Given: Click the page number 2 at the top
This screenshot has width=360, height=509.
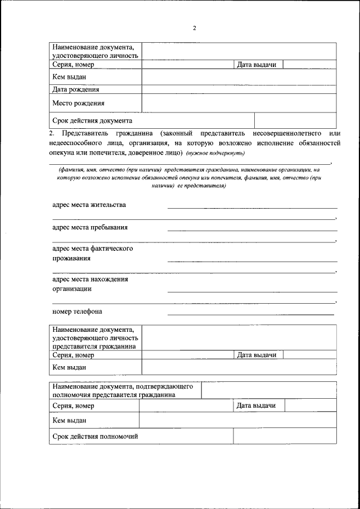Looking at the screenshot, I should pos(194,28).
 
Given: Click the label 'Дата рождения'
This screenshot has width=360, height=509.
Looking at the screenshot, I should pos(76,89).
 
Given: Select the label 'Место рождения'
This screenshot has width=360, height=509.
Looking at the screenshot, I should pos(78,103).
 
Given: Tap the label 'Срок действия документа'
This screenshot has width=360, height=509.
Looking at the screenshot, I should pos(92,120).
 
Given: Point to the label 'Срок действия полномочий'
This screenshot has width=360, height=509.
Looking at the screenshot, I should pos(95,436).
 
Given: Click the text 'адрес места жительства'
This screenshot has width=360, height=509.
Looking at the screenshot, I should pos(89,205).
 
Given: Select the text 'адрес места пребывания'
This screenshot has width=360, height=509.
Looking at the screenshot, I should pos(89,227).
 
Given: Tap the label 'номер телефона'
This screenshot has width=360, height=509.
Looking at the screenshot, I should pos(77,311).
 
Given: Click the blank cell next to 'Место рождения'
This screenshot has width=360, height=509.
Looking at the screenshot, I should pos(239,103).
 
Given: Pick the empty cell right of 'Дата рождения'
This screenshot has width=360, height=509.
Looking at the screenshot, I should pos(239,89).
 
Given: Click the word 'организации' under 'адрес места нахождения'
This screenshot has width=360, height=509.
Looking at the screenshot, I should pos(72,289).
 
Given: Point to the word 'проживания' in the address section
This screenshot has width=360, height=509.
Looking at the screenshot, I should pos(71,258).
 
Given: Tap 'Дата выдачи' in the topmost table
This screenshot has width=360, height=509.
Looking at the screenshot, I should pos(256,65).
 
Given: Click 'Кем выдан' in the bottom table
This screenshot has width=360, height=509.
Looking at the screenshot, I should pos(69,420).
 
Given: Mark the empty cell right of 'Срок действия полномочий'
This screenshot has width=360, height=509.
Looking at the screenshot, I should pos(285,436).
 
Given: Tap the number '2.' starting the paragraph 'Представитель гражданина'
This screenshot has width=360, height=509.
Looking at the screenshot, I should pos(52,133).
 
